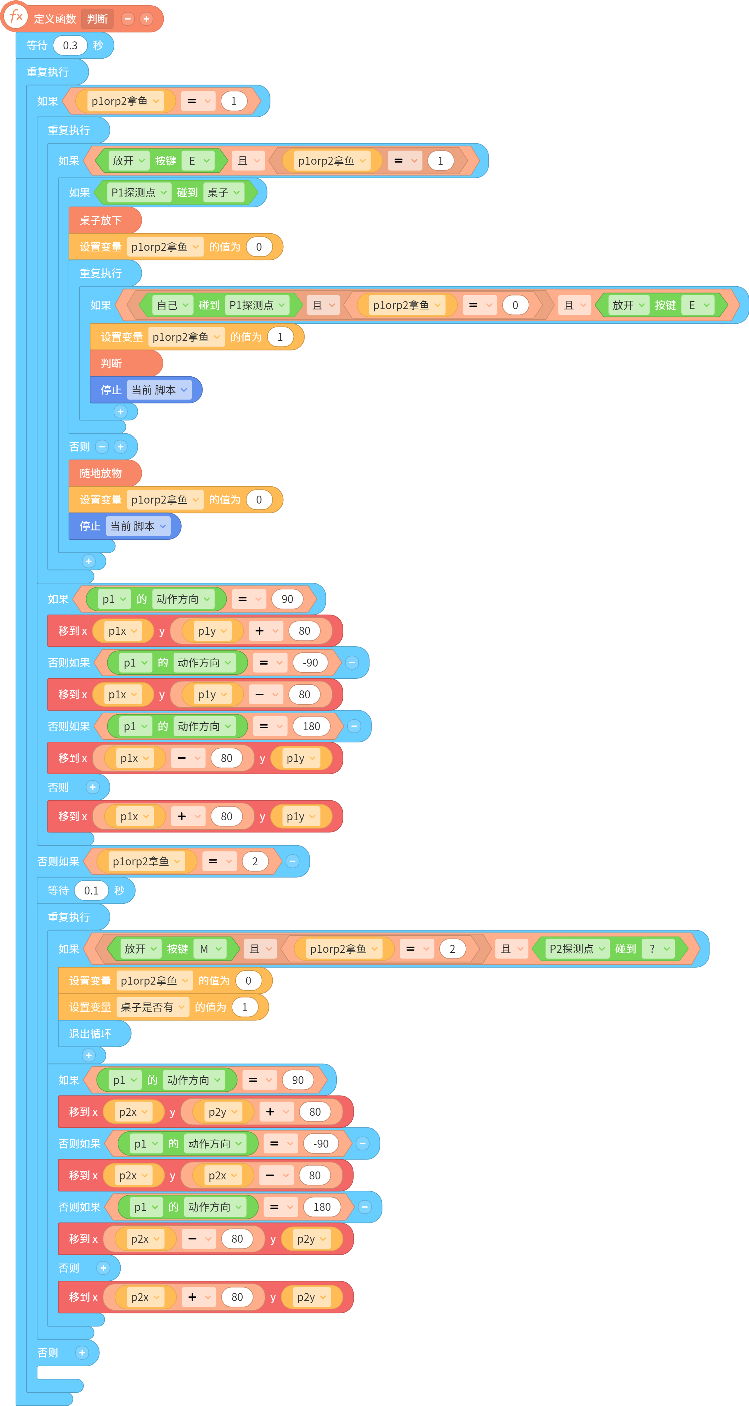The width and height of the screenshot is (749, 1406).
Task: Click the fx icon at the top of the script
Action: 16,16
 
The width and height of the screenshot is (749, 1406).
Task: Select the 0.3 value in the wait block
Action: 70,45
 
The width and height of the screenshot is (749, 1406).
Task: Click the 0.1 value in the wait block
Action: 91,890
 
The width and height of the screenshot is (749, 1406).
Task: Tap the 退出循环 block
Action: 94,1033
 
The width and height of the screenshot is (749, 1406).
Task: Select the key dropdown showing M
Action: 210,948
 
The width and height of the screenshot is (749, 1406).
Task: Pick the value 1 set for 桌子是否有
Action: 245,1007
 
